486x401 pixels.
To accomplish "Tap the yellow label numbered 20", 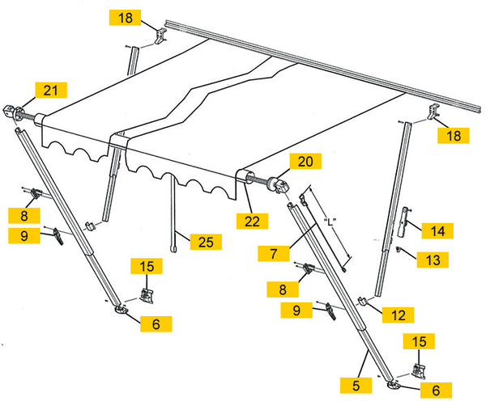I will (x=305, y=163).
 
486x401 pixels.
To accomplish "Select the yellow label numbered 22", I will (x=251, y=219).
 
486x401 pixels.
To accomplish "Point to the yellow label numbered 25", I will (x=205, y=241).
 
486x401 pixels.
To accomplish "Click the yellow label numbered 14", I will (x=437, y=230).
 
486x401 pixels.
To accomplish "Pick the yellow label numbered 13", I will (x=433, y=259).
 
